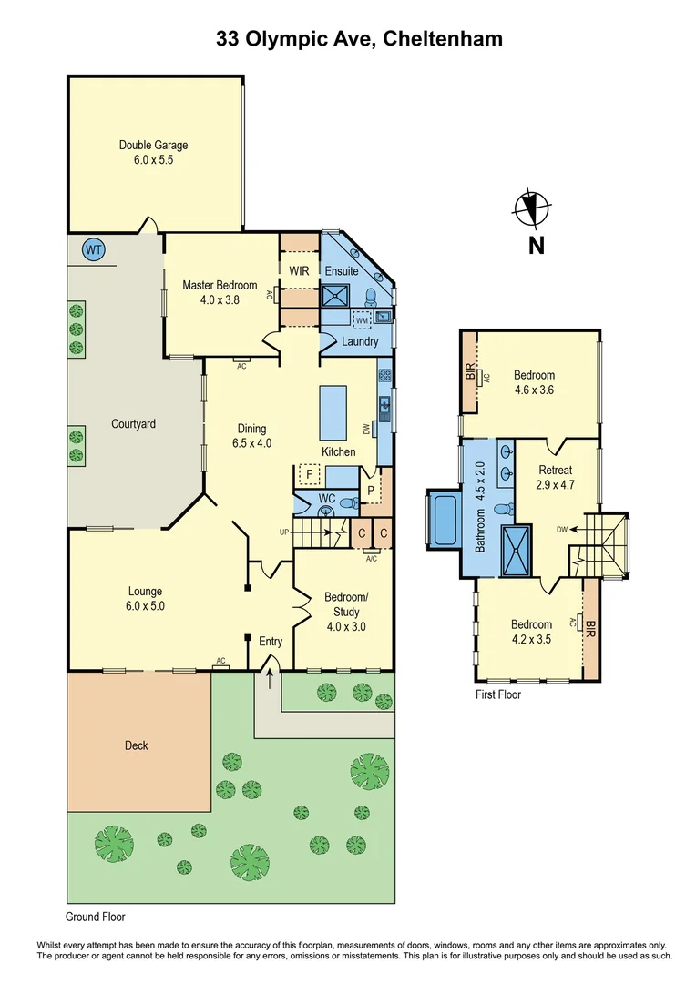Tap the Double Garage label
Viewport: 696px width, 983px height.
[x=153, y=145]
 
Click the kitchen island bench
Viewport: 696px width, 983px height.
[x=333, y=411]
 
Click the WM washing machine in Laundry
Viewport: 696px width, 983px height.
[x=362, y=320]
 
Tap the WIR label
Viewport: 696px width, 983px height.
[x=299, y=271]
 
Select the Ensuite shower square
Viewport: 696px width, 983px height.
[x=334, y=295]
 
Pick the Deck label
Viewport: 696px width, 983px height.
[x=136, y=745]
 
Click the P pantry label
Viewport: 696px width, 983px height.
[x=369, y=489]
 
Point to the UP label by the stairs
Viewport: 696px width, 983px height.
[x=285, y=532]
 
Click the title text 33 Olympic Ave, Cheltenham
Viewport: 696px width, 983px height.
[x=359, y=39]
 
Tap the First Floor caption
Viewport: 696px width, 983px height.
[x=498, y=694]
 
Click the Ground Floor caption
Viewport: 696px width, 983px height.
[x=96, y=917]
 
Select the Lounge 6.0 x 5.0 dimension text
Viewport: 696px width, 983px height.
[x=146, y=605]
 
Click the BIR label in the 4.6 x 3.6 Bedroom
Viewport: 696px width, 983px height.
[x=470, y=372]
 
